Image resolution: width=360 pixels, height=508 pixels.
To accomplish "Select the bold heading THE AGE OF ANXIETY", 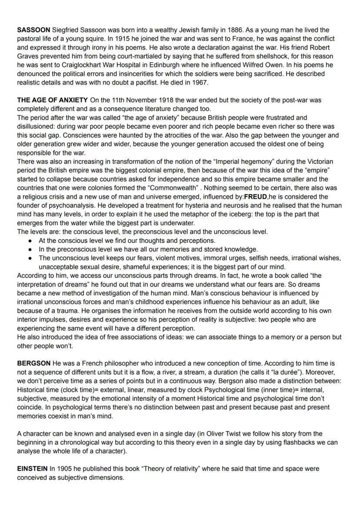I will [x=52, y=100].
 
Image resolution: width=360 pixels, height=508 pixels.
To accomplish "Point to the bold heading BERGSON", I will [x=33, y=363].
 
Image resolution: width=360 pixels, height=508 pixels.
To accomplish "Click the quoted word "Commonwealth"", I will [x=166, y=188].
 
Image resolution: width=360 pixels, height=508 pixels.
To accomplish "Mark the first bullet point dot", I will [x=30, y=240].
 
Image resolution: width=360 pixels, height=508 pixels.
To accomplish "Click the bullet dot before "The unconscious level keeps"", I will [x=30, y=258].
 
